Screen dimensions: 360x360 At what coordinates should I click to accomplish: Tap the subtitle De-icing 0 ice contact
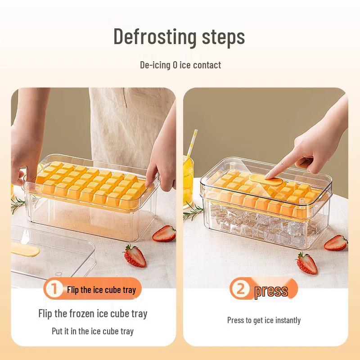[x=180, y=65]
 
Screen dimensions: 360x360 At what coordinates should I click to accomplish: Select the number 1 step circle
[x=54, y=289]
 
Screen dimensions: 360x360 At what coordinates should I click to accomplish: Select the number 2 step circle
[x=241, y=289]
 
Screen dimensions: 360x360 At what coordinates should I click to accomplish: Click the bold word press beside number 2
[x=271, y=291]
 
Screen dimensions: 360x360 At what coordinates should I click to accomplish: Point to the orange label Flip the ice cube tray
[x=101, y=290]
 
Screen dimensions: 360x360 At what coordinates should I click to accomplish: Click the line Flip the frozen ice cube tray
[x=93, y=313]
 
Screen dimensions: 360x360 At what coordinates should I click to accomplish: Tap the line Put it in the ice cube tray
[x=93, y=331]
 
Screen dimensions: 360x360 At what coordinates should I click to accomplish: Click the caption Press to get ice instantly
[x=264, y=320]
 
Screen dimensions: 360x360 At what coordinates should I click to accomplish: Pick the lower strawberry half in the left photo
[x=135, y=256]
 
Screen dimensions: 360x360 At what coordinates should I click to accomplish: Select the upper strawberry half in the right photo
[x=336, y=243]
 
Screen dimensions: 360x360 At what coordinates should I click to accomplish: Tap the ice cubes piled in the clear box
[x=261, y=225]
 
